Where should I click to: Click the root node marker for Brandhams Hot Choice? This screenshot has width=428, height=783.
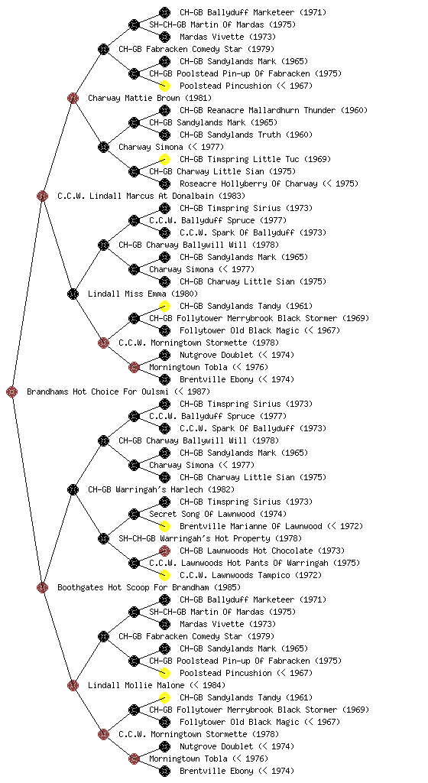[12, 392]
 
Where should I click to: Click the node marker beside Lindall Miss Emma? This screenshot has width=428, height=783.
[73, 294]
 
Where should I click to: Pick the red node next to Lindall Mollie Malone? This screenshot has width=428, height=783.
[73, 686]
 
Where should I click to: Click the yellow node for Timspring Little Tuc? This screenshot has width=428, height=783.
[164, 159]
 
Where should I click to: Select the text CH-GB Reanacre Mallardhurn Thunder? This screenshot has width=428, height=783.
[274, 110]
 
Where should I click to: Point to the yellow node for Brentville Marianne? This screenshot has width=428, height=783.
[164, 526]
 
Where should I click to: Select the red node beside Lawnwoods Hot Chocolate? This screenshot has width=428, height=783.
[164, 551]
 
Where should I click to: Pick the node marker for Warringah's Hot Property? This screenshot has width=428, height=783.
[103, 539]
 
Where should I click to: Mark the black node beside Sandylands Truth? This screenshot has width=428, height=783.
[164, 135]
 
